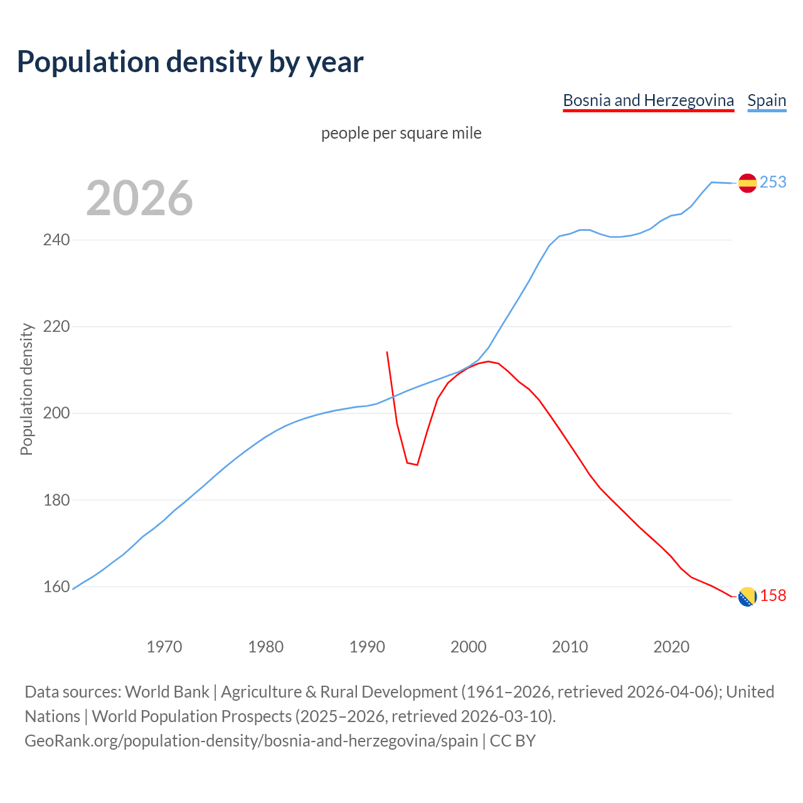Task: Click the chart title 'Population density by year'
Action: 190,62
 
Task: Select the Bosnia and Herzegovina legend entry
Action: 648,100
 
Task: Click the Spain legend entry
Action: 767,100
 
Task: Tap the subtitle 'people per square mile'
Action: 401,134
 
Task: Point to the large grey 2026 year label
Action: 139,198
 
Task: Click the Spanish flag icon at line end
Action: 747,183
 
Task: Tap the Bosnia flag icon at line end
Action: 747,597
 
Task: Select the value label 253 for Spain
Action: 773,182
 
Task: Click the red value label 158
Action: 773,595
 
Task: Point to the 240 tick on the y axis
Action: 56,240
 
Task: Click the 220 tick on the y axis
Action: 56,327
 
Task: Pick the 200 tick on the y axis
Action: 56,413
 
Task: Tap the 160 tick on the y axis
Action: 56,587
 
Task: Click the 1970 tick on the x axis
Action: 164,646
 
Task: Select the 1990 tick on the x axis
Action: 367,646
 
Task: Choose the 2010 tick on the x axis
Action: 570,646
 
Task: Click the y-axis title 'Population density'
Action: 26,389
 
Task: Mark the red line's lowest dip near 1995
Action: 417,464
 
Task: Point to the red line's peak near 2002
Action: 488,361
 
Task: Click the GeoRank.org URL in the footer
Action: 251,741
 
